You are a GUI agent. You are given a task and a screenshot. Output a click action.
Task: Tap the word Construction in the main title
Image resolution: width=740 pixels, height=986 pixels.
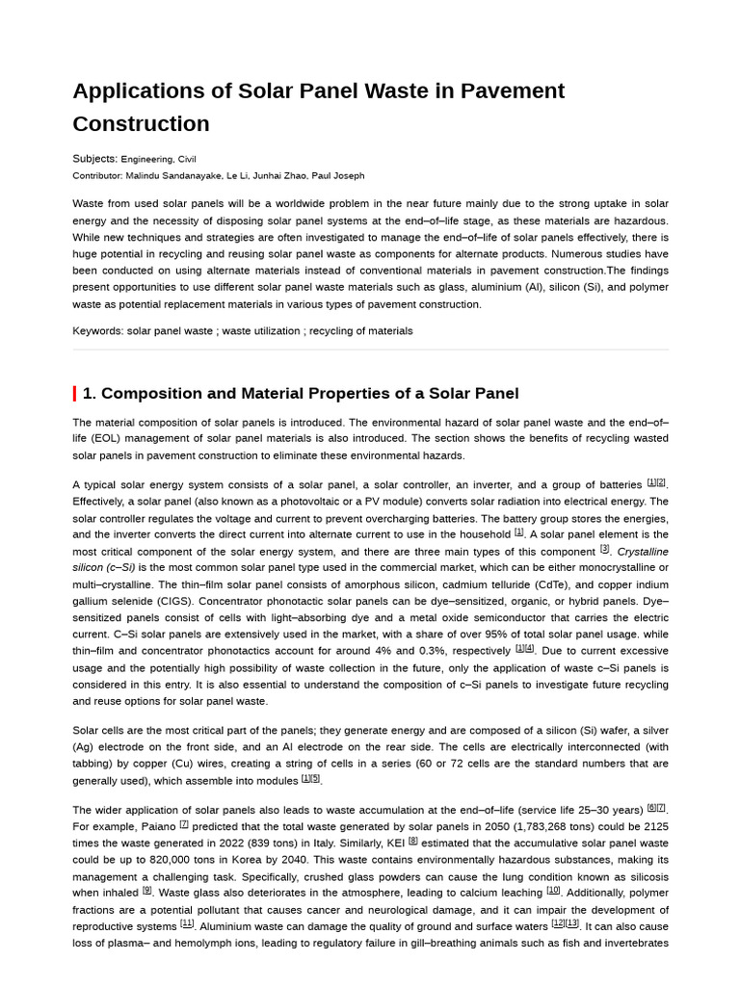[x=141, y=124]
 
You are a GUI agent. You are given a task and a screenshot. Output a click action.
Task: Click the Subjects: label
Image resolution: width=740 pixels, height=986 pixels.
[x=94, y=159]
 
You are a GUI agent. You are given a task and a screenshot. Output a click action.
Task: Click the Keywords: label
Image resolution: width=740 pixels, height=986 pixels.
[x=97, y=331]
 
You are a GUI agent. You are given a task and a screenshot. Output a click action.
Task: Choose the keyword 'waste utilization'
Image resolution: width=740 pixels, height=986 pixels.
[x=261, y=331]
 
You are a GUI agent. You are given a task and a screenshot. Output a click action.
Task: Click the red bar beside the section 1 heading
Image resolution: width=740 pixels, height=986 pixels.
[x=75, y=394]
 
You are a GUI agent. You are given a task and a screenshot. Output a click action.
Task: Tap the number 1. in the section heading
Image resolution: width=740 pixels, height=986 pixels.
[x=90, y=394]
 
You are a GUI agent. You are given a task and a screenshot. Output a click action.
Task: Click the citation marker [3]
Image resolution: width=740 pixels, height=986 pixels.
[x=604, y=549]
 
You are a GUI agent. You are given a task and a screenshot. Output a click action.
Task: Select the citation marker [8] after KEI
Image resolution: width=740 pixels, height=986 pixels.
[x=412, y=841]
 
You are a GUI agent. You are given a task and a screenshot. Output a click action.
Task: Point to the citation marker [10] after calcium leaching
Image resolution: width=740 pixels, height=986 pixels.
[x=553, y=891]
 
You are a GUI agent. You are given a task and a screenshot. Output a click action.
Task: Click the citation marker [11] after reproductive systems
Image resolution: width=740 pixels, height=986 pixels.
[x=187, y=924]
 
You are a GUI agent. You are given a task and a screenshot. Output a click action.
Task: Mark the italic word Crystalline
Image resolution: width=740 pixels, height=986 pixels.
[x=643, y=552]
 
